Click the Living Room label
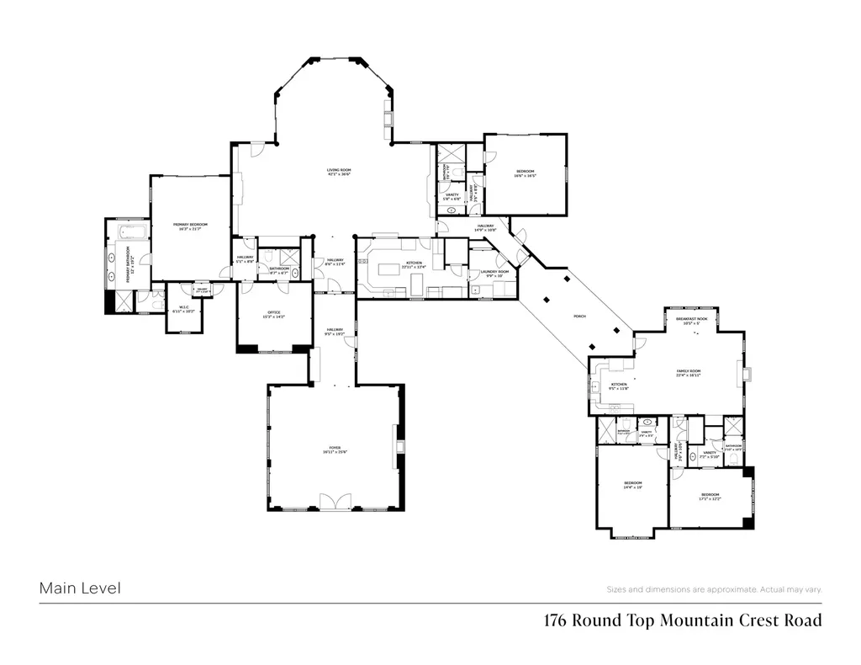339,173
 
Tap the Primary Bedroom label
190,226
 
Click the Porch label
579,316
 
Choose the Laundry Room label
495,274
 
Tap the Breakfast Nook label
691,322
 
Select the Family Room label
688,373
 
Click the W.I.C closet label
182,310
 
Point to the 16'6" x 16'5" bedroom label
526,173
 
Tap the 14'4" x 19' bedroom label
632,485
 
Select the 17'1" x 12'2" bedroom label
709,496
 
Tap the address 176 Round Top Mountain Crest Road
682,621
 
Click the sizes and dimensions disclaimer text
714,589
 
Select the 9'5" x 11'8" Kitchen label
620,386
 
